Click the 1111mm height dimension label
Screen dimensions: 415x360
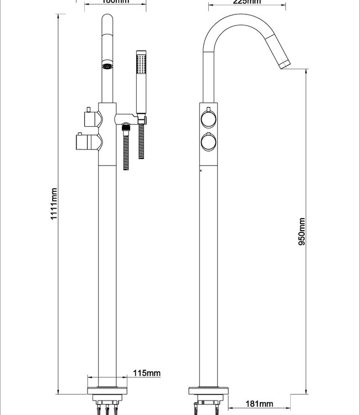click(x=54, y=204)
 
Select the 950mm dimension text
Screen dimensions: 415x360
click(x=302, y=231)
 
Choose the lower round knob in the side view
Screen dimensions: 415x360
click(x=209, y=142)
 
